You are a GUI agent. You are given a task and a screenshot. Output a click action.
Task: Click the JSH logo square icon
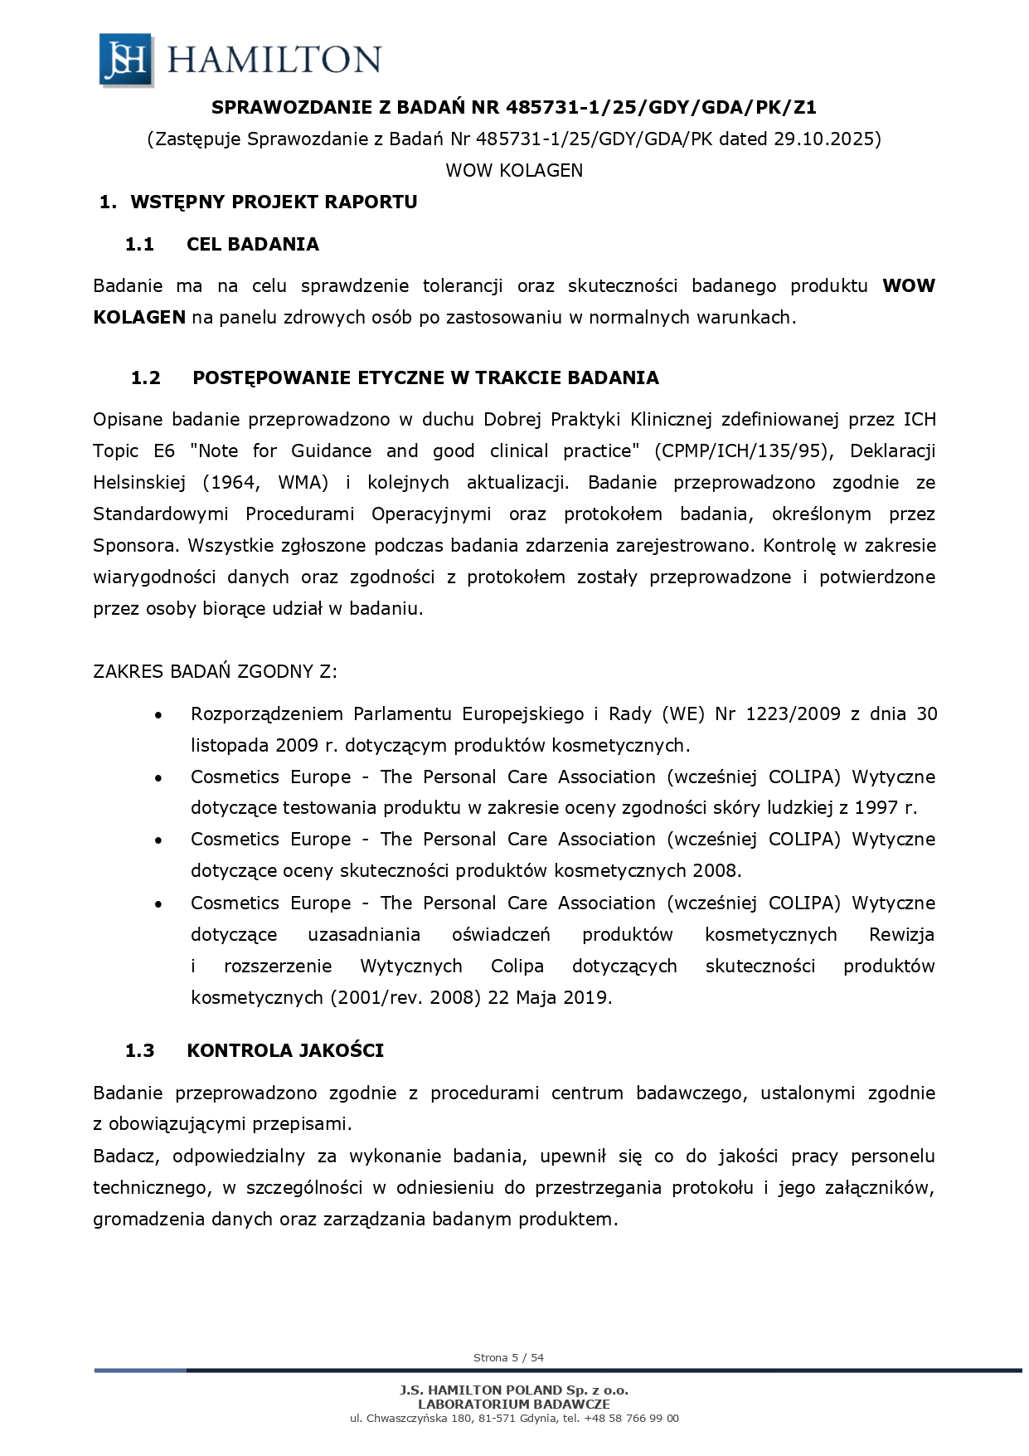(x=126, y=59)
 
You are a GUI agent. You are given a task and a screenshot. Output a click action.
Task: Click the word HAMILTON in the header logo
(x=274, y=60)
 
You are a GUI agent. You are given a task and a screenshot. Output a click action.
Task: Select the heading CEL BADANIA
(x=253, y=244)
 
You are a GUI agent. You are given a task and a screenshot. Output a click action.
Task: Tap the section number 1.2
(x=145, y=377)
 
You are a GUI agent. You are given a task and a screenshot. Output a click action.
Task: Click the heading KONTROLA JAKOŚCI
(x=285, y=1050)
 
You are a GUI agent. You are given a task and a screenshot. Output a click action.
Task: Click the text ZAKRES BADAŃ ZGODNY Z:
(x=216, y=671)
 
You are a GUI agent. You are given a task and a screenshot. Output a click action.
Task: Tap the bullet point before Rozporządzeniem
(x=158, y=714)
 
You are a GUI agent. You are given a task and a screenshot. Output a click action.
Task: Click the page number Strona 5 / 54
(x=508, y=1357)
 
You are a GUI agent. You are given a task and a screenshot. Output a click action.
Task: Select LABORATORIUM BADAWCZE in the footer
(x=514, y=1404)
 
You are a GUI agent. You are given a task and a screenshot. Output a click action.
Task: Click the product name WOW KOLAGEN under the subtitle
(x=514, y=170)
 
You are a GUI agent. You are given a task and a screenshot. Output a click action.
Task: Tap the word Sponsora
(x=136, y=545)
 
